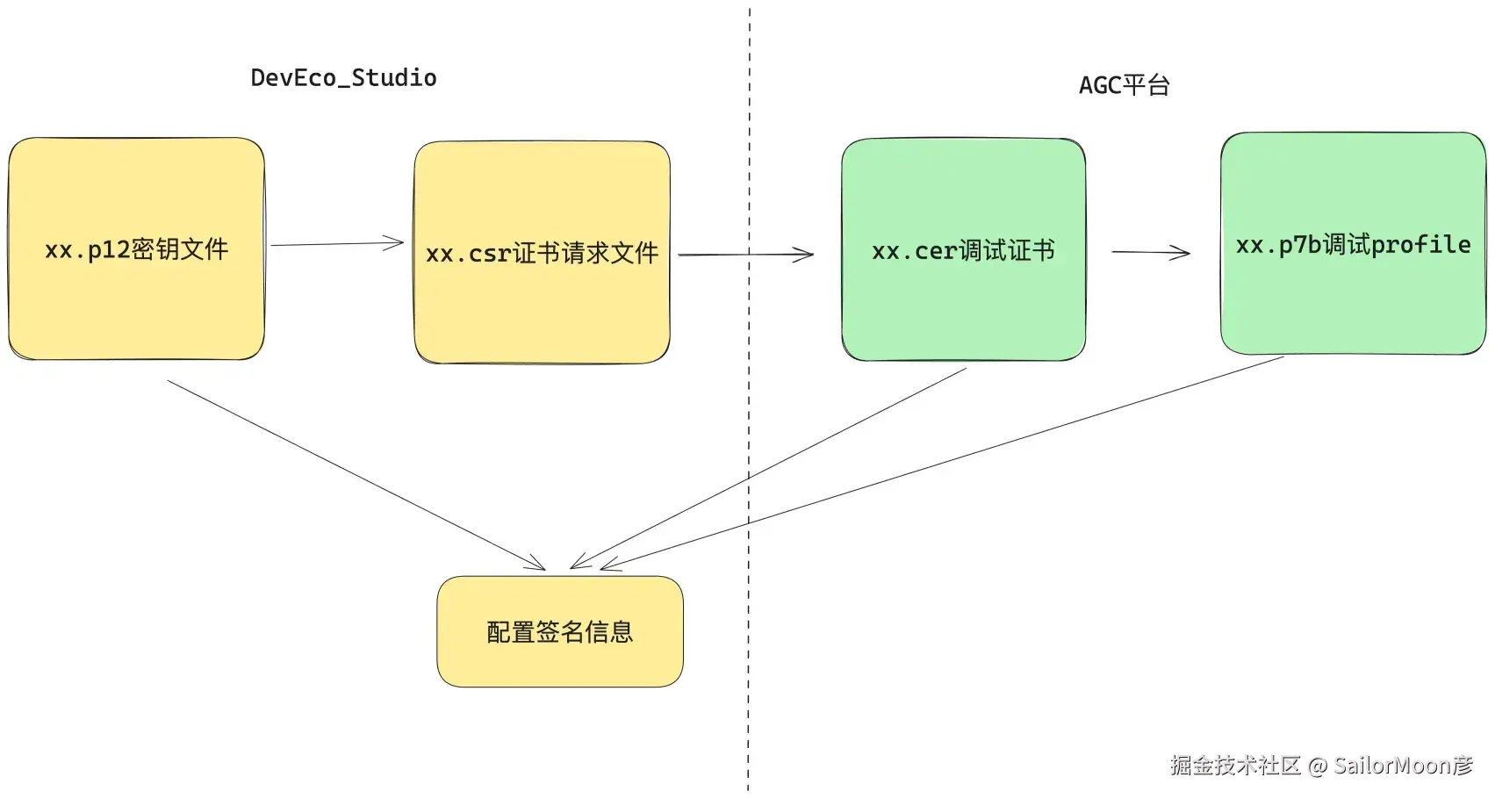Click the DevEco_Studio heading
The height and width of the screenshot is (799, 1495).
click(343, 78)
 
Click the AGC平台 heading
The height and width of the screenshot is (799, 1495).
click(1124, 85)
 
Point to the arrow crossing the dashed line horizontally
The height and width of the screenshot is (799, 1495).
click(746, 255)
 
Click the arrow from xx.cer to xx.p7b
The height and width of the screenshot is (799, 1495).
click(1150, 252)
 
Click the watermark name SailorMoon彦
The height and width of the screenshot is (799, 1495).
click(1403, 766)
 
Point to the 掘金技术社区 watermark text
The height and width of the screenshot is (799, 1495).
click(1234, 766)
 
